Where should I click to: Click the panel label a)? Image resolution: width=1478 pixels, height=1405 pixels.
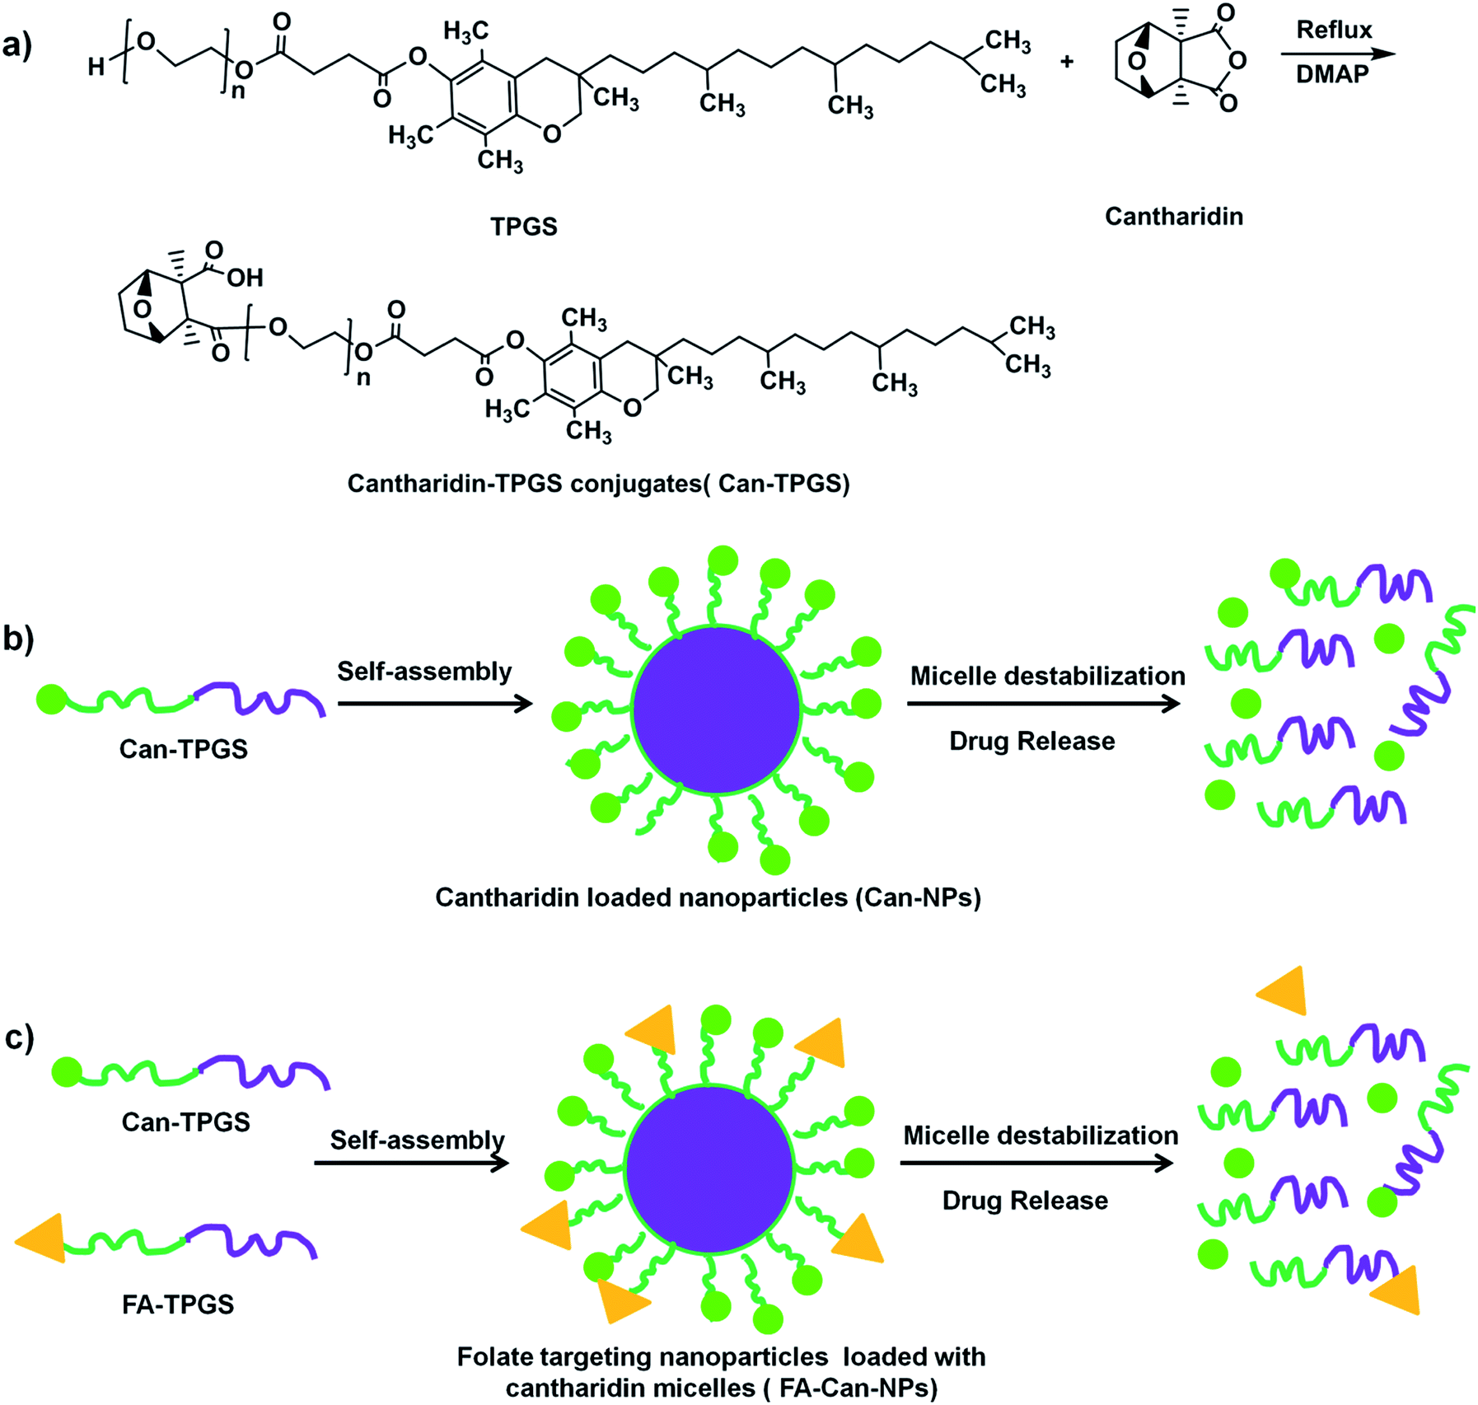tap(17, 45)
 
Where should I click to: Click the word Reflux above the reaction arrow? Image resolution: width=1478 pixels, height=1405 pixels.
tap(1334, 30)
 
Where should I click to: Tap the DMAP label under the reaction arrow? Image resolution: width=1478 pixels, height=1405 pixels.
tap(1332, 75)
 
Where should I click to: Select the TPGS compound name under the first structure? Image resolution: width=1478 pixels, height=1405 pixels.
tap(524, 227)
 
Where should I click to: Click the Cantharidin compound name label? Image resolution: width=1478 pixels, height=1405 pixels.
tap(1173, 217)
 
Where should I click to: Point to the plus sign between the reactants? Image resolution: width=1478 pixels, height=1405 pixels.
tap(1067, 61)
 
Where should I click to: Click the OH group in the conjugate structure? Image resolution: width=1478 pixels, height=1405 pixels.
tap(245, 278)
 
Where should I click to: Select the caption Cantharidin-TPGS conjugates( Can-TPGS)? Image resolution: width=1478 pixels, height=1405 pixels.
tap(598, 483)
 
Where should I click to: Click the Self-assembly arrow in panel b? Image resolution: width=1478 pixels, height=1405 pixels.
tap(435, 704)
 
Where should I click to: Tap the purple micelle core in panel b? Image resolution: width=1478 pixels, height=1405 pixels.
tap(716, 710)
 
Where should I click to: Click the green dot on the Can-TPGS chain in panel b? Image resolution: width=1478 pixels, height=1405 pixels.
tap(51, 699)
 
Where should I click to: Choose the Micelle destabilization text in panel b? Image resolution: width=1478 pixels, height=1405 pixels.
tap(1047, 677)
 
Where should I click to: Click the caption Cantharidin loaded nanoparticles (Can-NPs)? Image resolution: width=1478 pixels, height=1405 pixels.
tap(708, 897)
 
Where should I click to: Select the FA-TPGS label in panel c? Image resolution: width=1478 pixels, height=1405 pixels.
tap(178, 1304)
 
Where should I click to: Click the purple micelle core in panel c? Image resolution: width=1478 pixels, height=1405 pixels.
tap(709, 1169)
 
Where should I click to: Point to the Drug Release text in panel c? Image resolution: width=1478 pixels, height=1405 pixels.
tap(1025, 1201)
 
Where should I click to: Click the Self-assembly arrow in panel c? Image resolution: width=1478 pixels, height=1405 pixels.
tap(411, 1163)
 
